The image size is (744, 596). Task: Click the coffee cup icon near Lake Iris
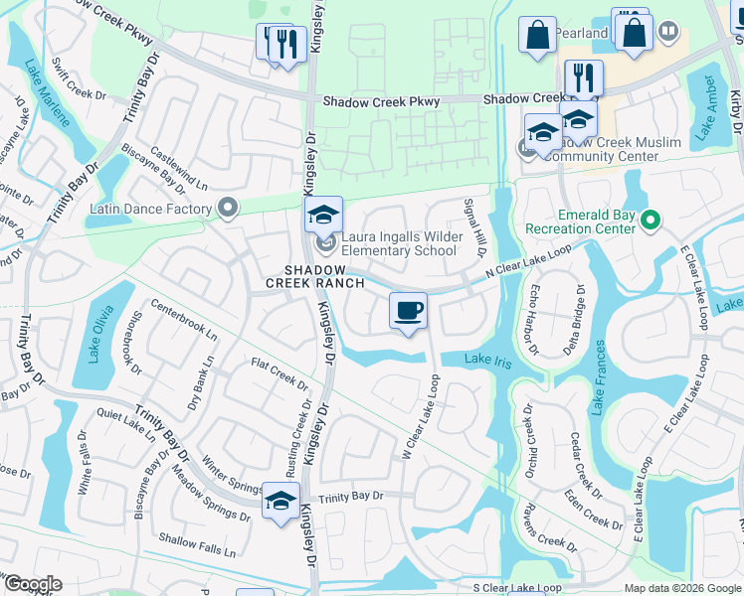(408, 311)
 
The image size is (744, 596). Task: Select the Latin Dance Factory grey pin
(229, 209)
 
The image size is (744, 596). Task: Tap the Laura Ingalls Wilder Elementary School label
(399, 243)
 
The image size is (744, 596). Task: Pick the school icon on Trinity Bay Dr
(280, 500)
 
